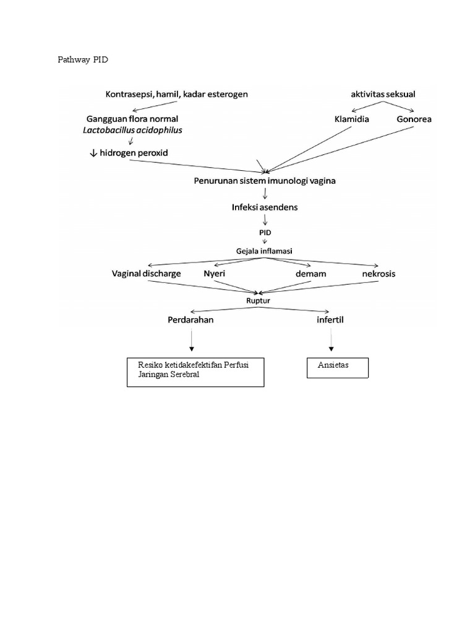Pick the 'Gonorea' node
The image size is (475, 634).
click(x=414, y=119)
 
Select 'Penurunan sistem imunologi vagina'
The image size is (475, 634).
click(x=265, y=181)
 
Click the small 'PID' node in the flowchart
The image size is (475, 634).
click(x=265, y=232)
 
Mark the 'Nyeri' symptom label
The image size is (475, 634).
click(x=214, y=273)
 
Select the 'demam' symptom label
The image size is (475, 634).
click(x=311, y=273)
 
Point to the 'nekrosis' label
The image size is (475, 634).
click(x=379, y=273)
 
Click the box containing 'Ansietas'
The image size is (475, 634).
click(x=338, y=367)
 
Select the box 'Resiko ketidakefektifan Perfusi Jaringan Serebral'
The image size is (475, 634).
click(x=195, y=371)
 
